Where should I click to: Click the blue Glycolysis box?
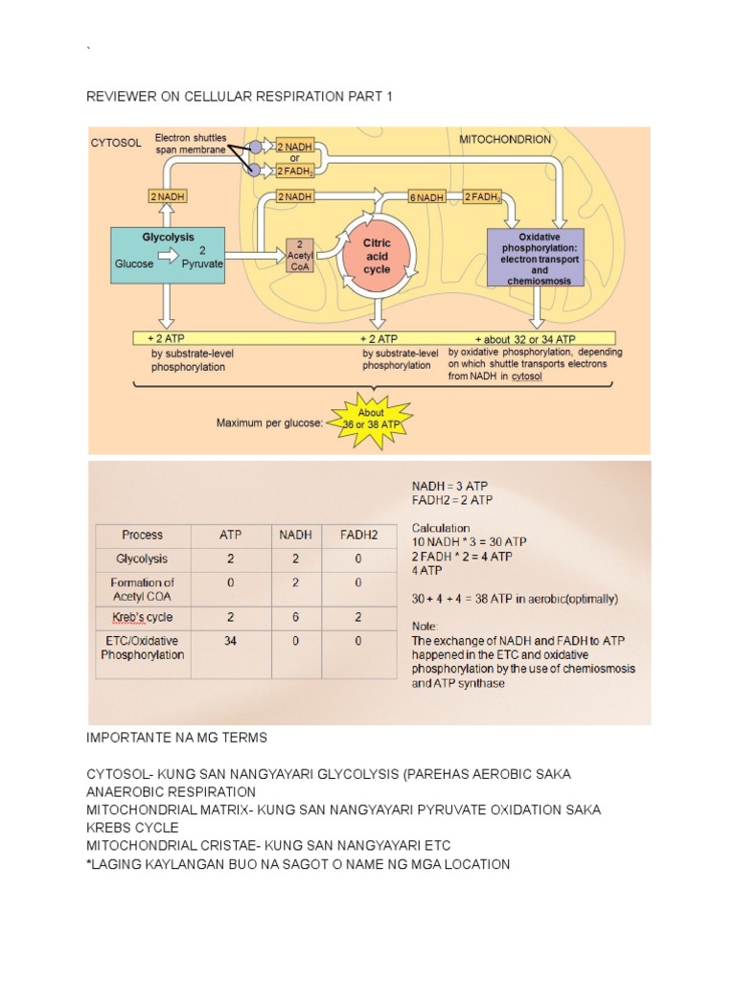(168, 254)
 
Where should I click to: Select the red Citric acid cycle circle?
(377, 254)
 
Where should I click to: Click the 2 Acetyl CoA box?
(301, 254)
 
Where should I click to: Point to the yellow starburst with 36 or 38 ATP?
(371, 420)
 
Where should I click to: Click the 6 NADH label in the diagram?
(425, 196)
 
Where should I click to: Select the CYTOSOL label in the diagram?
(116, 143)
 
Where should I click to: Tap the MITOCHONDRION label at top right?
(505, 139)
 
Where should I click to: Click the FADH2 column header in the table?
(357, 535)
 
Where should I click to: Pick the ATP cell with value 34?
(230, 641)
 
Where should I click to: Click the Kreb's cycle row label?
(142, 616)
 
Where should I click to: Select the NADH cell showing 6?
(294, 616)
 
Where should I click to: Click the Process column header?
(142, 535)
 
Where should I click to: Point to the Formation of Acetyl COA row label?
(142, 588)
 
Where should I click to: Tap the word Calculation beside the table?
(441, 528)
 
